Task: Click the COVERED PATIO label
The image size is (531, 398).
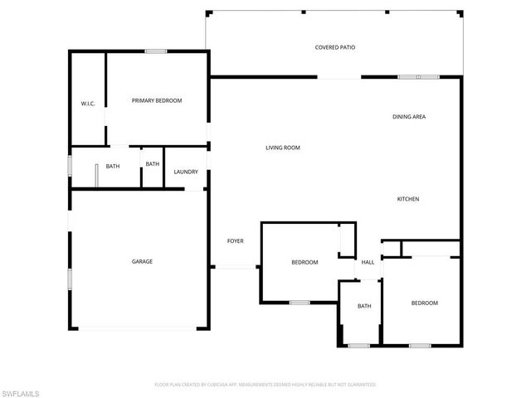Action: click(335, 47)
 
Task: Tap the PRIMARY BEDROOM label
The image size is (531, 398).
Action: click(157, 100)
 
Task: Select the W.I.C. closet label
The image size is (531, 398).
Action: click(87, 104)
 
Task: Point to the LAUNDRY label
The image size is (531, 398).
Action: click(185, 172)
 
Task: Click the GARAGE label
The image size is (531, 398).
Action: click(142, 261)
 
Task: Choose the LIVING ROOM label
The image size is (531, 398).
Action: click(282, 148)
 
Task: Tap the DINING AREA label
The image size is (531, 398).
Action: click(409, 117)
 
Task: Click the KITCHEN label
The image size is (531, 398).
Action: click(407, 199)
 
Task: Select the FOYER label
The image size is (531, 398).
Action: click(236, 241)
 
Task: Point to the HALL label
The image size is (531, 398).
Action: click(368, 262)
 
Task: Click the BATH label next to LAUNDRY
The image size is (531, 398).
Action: click(153, 164)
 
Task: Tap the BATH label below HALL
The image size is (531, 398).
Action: click(364, 306)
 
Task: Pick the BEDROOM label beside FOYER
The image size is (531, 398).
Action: click(304, 262)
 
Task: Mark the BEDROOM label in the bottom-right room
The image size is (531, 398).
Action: click(424, 303)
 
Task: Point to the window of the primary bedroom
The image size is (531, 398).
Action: click(156, 52)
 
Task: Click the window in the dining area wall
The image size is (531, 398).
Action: click(418, 77)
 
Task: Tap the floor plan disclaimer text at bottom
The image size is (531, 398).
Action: click(265, 385)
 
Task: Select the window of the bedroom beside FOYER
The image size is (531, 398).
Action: click(300, 303)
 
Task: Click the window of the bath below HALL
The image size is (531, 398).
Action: click(358, 345)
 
